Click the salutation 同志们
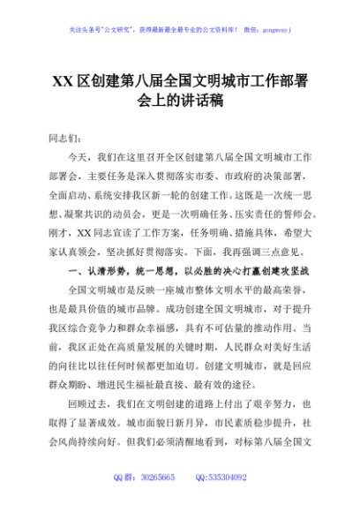(63, 138)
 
